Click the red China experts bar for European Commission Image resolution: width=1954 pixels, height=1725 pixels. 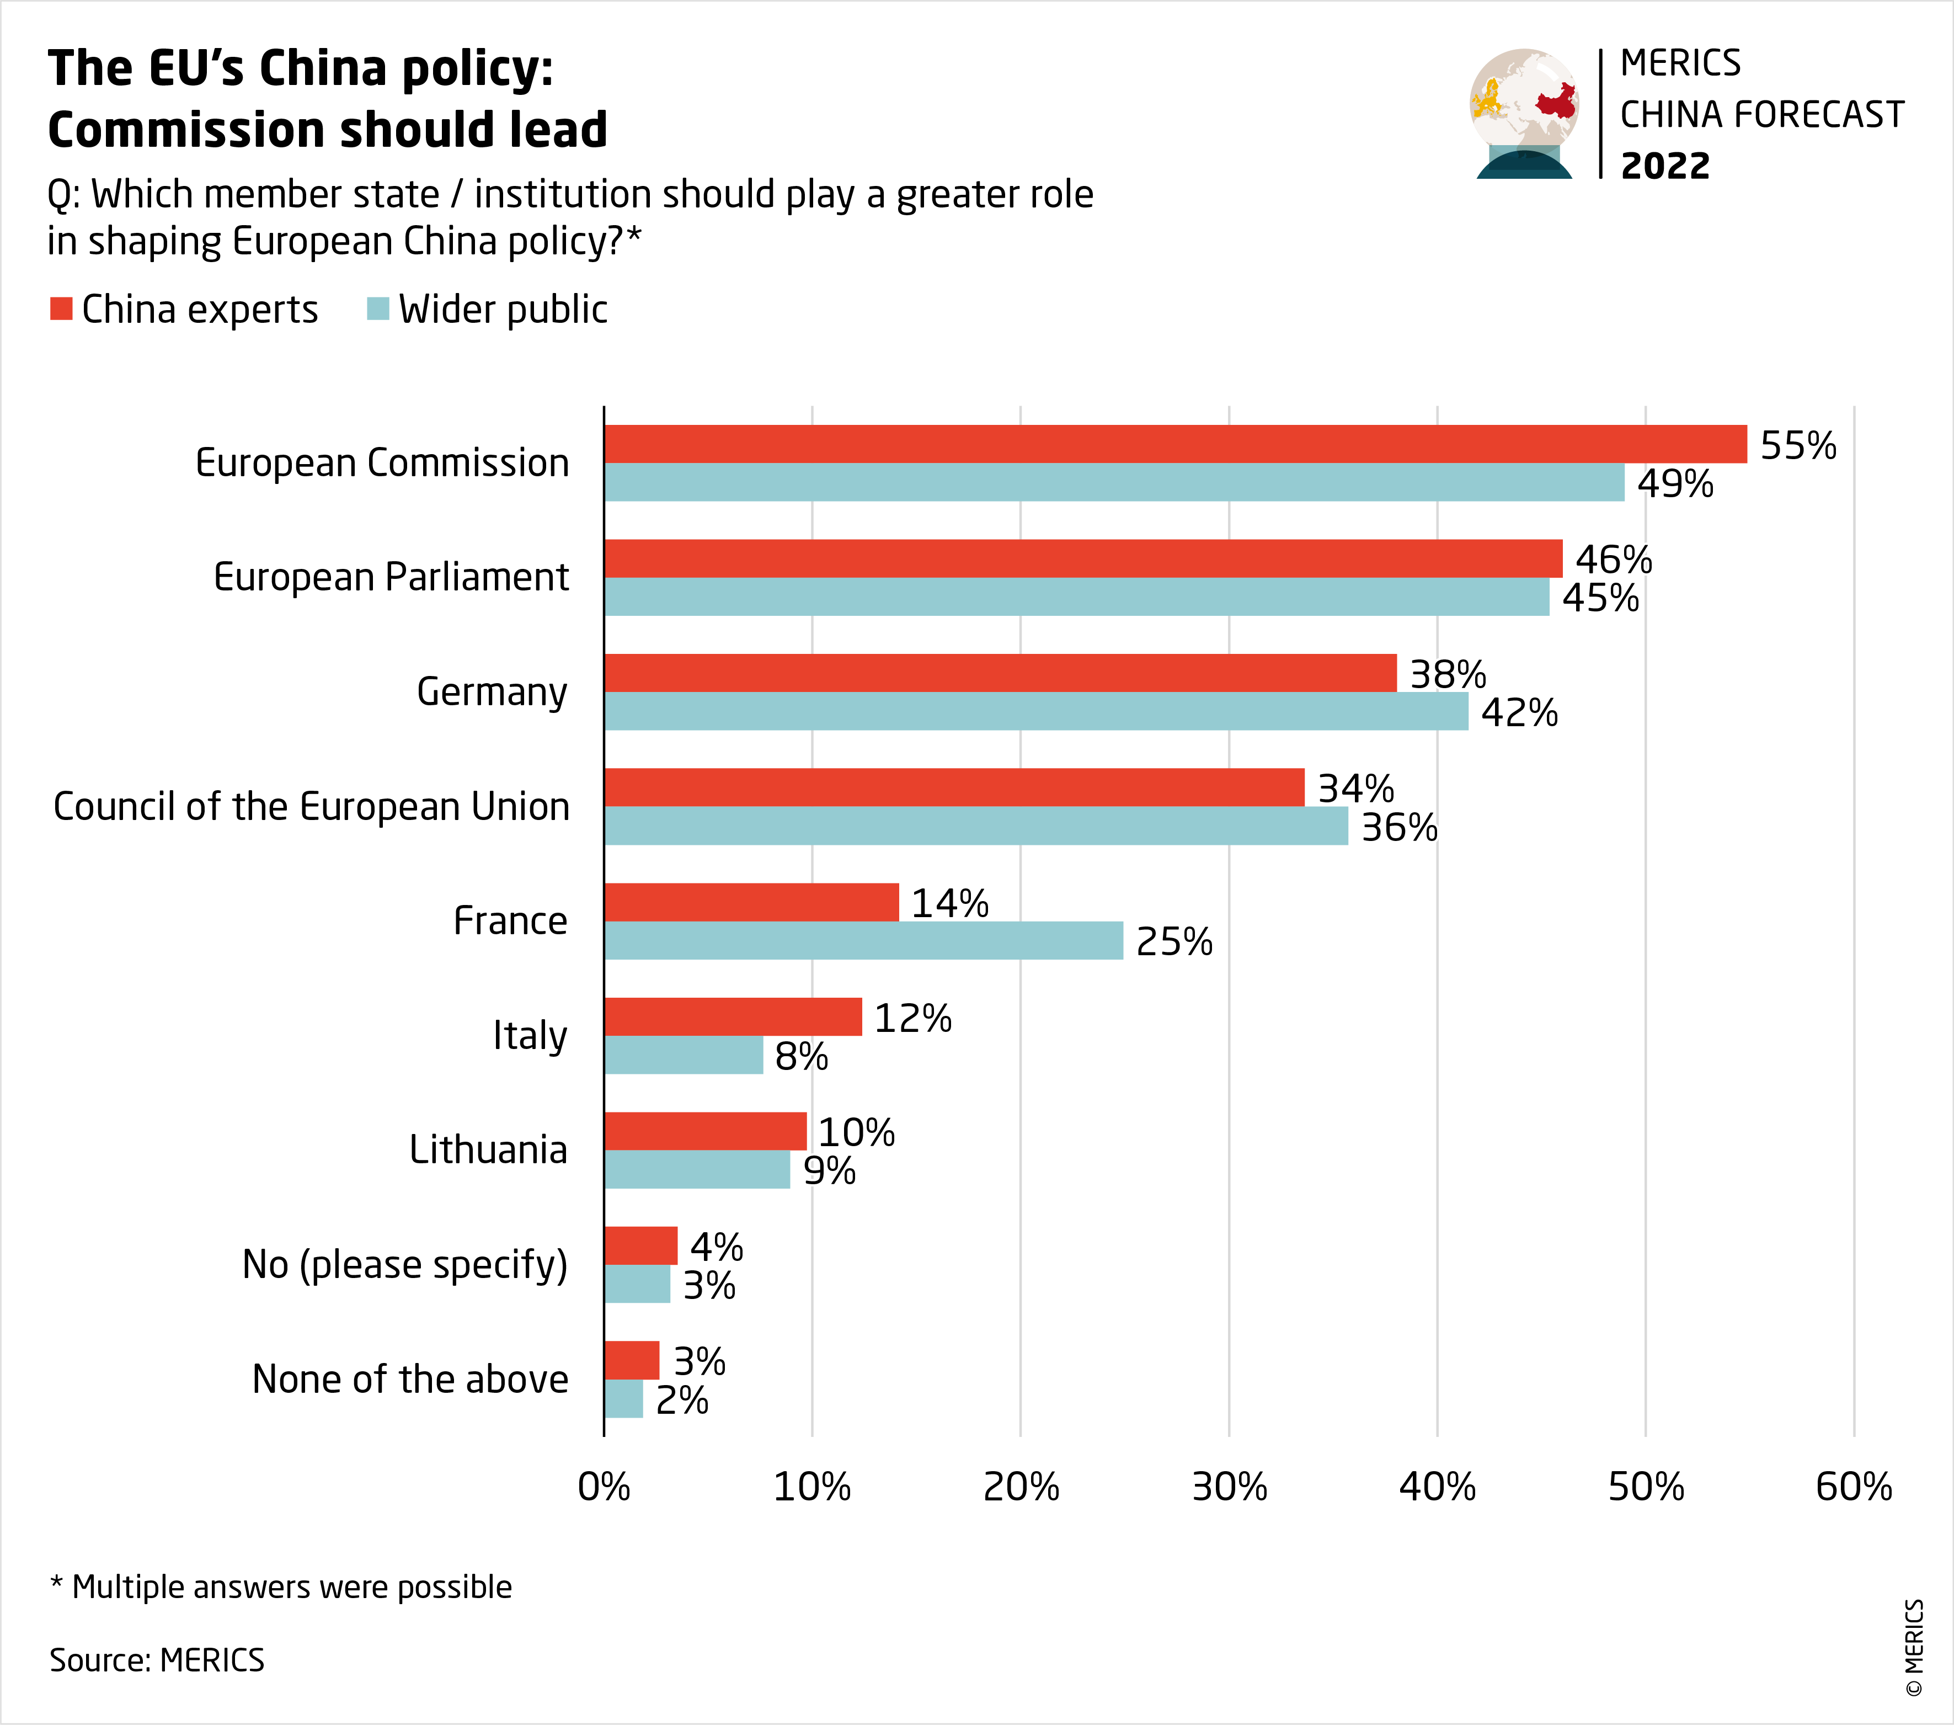[x=1175, y=444]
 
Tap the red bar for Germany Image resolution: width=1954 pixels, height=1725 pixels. [x=1000, y=673]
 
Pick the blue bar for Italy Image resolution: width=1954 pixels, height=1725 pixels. [x=684, y=1055]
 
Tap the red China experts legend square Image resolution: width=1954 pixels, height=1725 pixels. [x=61, y=309]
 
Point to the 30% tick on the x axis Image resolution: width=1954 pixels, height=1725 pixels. [x=1229, y=1487]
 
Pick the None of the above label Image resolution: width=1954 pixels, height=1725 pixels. [x=409, y=1380]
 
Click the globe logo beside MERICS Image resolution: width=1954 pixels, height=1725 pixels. [x=1524, y=113]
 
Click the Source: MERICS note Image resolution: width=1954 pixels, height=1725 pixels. [x=157, y=1660]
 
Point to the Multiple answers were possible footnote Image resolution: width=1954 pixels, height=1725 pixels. [x=282, y=1586]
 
